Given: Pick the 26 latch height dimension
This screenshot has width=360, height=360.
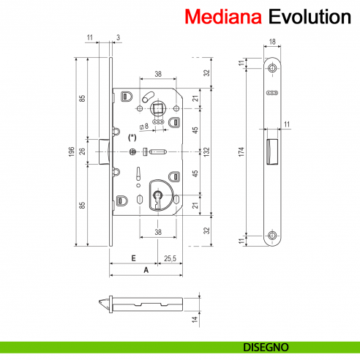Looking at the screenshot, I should [83, 151].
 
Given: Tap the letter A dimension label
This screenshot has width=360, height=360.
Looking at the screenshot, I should [146, 269].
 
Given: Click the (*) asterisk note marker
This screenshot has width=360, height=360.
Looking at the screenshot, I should [132, 137].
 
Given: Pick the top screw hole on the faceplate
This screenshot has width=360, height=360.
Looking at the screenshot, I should [273, 69].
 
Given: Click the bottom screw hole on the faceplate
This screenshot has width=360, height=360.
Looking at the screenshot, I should [273, 236].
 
